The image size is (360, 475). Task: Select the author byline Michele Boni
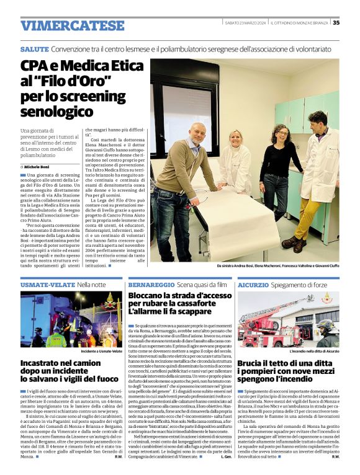click(x=39, y=167)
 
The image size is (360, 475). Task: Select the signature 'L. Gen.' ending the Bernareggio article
click(x=226, y=456)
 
